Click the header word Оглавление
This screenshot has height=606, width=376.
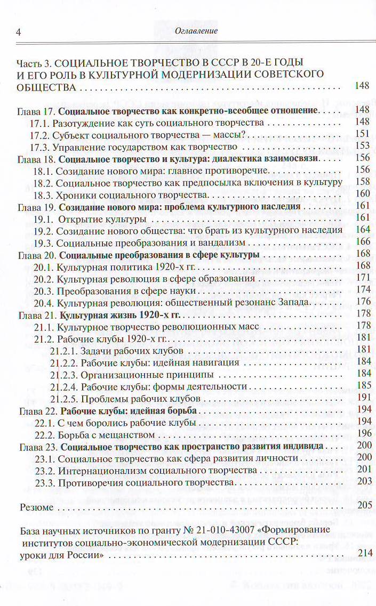[196, 31]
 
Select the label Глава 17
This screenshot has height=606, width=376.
[36, 110]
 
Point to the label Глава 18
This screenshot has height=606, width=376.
[36, 158]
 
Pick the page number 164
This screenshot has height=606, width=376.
[362, 230]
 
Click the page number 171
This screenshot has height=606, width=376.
[362, 278]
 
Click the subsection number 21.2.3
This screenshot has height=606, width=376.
[65, 374]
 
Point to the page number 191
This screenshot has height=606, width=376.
[362, 398]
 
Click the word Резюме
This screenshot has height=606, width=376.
[36, 507]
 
